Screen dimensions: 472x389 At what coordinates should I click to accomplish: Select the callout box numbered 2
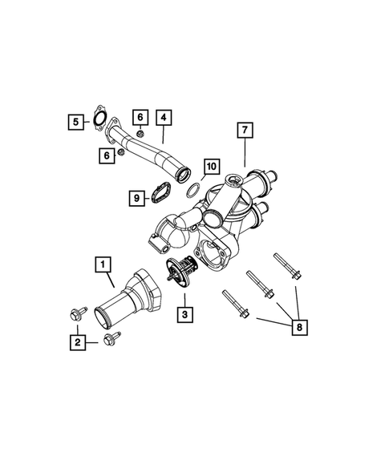(76, 342)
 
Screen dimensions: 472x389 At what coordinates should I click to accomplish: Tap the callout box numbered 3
(184, 316)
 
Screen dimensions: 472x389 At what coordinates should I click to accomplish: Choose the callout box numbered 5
(75, 122)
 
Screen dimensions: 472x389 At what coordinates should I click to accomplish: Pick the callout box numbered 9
(137, 197)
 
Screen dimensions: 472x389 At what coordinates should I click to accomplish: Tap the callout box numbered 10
(210, 167)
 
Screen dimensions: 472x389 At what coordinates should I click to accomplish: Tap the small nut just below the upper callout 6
(140, 133)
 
